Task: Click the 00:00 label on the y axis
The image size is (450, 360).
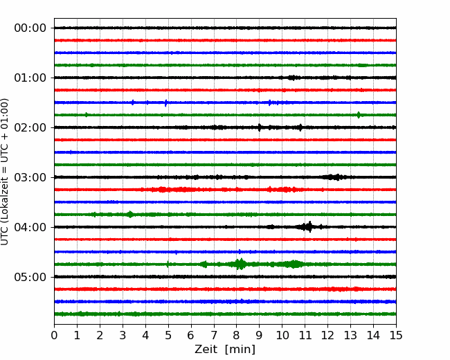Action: click(30, 28)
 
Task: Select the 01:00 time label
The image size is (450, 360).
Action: click(30, 78)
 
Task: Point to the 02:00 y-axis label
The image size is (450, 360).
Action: click(30, 127)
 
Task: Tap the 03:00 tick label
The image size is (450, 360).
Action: click(30, 177)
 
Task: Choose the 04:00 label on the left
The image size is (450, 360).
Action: click(30, 227)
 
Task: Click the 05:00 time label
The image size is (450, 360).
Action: click(30, 277)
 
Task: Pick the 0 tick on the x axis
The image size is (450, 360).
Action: click(54, 335)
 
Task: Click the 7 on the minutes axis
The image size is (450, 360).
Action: click(214, 335)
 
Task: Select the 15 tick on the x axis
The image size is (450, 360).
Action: click(396, 335)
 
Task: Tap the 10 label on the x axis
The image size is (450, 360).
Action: click(282, 335)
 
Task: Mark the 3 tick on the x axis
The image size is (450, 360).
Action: click(123, 335)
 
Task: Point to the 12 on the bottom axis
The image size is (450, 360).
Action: click(327, 335)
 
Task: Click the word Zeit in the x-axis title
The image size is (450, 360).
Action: click(206, 350)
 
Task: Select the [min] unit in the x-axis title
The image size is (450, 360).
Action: click(240, 350)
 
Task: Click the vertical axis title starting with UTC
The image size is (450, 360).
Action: click(5, 172)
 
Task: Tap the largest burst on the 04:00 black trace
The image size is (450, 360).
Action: click(308, 227)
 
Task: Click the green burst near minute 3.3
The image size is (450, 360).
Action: click(130, 214)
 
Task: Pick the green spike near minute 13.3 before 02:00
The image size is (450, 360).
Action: click(359, 115)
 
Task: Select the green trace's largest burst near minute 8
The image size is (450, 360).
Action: click(240, 264)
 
